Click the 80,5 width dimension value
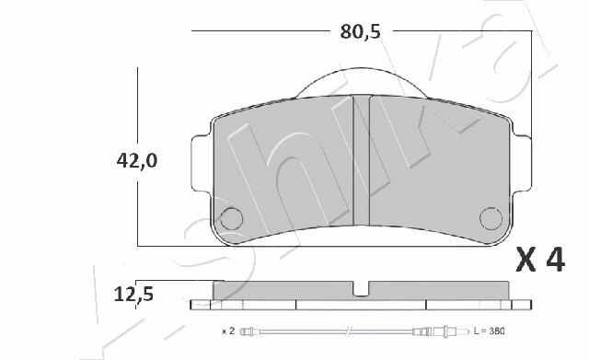360,32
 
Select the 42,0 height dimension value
137,161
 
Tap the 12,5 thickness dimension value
133,294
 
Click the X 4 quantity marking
540,260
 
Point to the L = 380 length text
489,331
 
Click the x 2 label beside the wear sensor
228,331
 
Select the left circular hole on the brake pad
231,219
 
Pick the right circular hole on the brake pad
491,218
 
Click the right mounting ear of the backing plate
522,164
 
